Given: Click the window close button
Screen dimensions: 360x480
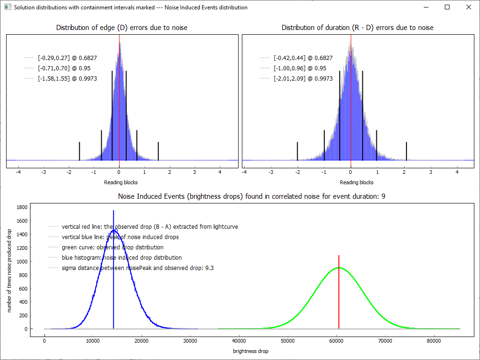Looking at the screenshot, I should pos(468,7).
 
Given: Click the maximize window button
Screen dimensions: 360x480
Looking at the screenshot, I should pos(447,7).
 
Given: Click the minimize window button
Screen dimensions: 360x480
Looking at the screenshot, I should pos(426,7).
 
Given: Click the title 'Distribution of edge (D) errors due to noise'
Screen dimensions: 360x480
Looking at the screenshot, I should pos(121,28).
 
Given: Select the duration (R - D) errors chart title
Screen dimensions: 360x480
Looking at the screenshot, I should pos(357,28).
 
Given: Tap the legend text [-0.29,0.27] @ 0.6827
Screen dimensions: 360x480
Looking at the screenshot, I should pos(67,58).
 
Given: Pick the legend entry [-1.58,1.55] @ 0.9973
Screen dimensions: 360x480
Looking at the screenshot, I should pos(67,79).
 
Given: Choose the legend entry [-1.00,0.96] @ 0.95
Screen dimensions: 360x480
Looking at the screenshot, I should pos(300,68).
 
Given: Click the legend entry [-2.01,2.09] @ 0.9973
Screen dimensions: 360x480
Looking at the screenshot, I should pos(303,79).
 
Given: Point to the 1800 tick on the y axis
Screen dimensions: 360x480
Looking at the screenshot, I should pos(22,207).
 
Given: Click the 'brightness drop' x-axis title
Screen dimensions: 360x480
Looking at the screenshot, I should pos(250,351).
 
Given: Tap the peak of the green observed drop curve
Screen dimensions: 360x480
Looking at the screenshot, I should pos(338,268).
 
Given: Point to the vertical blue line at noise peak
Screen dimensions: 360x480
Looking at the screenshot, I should pos(113,291).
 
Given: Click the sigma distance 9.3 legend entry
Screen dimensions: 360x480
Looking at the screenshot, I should pos(137,268).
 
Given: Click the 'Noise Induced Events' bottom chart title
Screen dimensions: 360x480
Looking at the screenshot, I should pos(251,196).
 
